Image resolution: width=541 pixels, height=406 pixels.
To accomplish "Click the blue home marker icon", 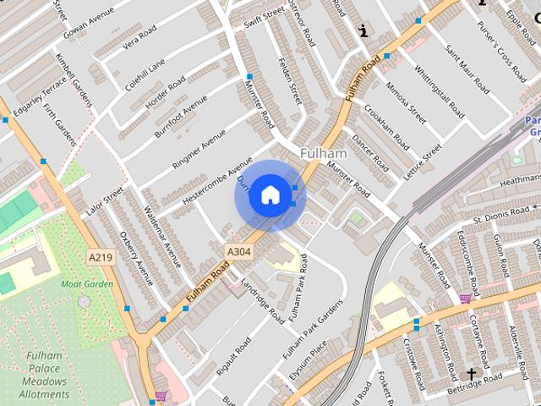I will pyautogui.click(x=269, y=195).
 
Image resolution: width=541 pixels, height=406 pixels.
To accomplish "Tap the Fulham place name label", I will pyautogui.click(x=324, y=153).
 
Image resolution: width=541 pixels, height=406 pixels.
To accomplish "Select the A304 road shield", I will pyautogui.click(x=238, y=251).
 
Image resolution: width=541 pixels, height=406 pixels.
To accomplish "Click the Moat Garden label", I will pyautogui.click(x=86, y=284).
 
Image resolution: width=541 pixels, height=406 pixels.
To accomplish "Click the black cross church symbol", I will pyautogui.click(x=471, y=373).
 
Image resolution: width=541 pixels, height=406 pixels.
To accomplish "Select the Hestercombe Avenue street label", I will pyautogui.click(x=205, y=180).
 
